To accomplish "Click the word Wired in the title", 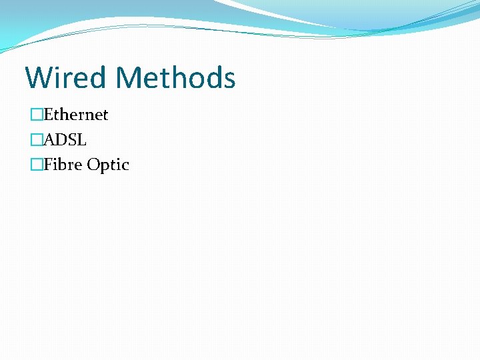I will click(66, 77).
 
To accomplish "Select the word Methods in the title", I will click(175, 77).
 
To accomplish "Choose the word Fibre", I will click(63, 165).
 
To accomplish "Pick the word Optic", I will click(108, 165).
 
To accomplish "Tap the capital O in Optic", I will click(94, 165).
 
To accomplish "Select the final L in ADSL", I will click(81, 140).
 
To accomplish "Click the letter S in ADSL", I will click(72, 140).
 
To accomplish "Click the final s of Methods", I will click(229, 80).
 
